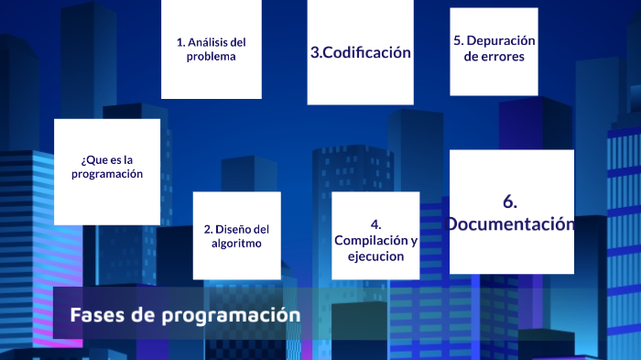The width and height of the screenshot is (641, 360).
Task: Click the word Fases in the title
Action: [x=94, y=315]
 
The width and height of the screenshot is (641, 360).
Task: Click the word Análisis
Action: [x=208, y=42]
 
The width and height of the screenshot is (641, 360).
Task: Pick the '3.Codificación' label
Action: [x=360, y=53]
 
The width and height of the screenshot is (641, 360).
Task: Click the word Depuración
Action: [x=502, y=40]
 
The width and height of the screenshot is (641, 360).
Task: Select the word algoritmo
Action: [x=236, y=244]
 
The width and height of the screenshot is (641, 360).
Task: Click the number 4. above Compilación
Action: [x=375, y=224]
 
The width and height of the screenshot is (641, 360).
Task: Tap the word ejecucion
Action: [x=375, y=256]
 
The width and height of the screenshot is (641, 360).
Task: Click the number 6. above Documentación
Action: [x=511, y=202]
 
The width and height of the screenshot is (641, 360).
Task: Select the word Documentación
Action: [x=511, y=224]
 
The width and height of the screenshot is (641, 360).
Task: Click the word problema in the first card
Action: [x=211, y=57]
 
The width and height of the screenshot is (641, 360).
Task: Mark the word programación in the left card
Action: [x=107, y=173]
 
